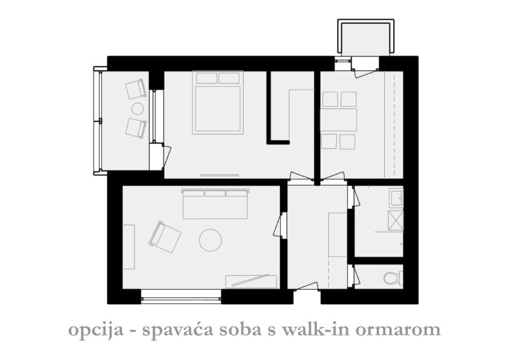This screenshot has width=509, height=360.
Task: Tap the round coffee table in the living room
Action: click(x=210, y=240)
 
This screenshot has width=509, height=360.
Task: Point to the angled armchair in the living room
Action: click(x=164, y=237)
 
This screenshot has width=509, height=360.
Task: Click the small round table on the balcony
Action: click(x=137, y=109)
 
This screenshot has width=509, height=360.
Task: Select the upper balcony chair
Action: click(x=136, y=89)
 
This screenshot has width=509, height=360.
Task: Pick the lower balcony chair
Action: click(x=136, y=128)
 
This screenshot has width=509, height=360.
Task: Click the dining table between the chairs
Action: click(x=340, y=120)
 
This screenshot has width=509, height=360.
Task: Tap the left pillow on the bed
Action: click(x=206, y=78)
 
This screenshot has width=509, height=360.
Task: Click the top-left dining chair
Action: click(x=330, y=99)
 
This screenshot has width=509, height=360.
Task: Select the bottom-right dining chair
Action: click(x=348, y=141)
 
